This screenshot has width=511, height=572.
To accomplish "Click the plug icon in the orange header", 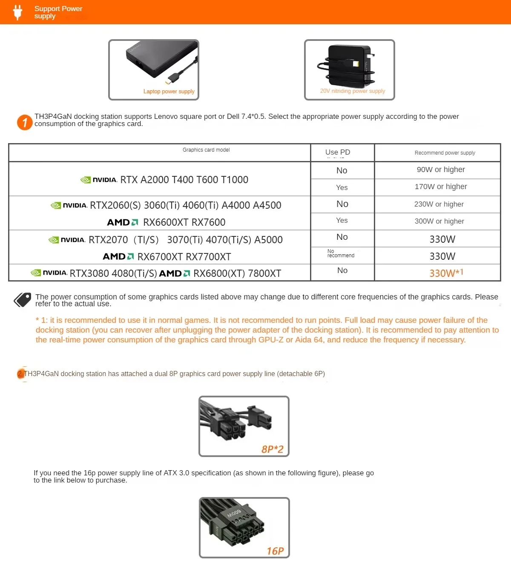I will [x=17, y=12].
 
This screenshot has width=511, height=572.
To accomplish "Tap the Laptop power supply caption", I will [x=169, y=92].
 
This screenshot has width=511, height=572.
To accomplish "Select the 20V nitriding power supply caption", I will [x=352, y=91].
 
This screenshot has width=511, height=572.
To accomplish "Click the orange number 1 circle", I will [x=25, y=123].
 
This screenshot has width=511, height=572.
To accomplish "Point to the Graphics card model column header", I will [x=206, y=150].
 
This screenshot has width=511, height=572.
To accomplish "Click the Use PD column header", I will [x=338, y=152].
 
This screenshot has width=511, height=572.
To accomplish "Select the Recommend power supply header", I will [x=445, y=153].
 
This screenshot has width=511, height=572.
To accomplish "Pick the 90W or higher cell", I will [x=441, y=170].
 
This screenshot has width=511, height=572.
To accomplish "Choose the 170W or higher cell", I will [x=441, y=187].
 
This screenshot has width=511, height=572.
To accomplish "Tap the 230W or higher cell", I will [x=439, y=204].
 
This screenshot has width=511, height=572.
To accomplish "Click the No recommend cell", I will [x=341, y=253].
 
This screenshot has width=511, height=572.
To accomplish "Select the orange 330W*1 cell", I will [x=446, y=273].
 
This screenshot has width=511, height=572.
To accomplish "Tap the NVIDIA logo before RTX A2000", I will [x=99, y=180].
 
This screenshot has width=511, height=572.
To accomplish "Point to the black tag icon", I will [x=23, y=300].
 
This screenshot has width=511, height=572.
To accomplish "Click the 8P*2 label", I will [x=272, y=449].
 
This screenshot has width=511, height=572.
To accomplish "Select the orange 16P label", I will [x=275, y=551].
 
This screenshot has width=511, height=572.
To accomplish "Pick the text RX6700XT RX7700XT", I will [x=184, y=257].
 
